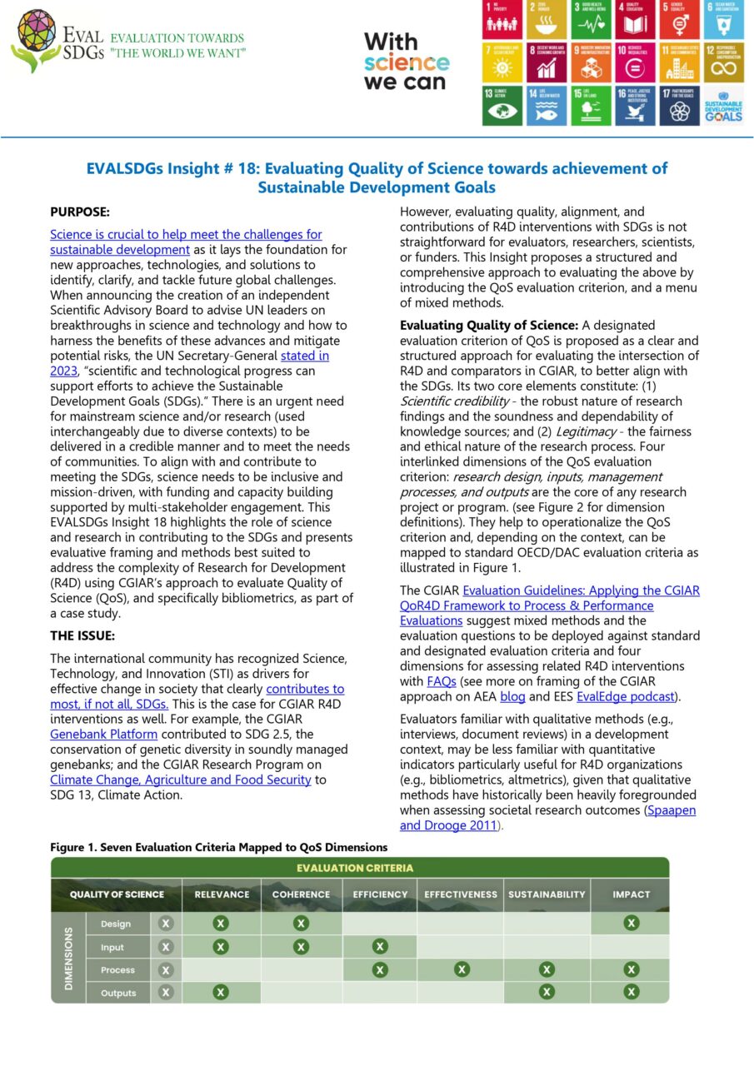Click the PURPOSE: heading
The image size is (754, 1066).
(x=80, y=212)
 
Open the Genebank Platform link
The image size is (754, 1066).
(x=103, y=734)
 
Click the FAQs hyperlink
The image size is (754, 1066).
(x=441, y=681)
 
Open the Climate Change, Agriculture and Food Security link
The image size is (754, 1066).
(x=180, y=780)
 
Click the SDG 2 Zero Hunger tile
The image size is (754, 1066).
(x=545, y=20)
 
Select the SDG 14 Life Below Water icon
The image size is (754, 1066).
(x=545, y=106)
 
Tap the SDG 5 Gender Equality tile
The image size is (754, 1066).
(x=678, y=20)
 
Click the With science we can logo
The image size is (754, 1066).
(x=405, y=62)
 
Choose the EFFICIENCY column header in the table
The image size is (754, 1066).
(x=380, y=894)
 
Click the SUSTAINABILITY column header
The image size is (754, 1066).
(x=546, y=894)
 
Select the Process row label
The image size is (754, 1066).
(x=117, y=969)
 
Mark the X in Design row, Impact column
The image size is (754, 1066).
(x=631, y=923)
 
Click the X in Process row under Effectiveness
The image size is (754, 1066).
(x=461, y=969)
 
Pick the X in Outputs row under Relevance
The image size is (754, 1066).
(x=220, y=992)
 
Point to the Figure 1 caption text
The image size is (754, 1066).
(x=218, y=847)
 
